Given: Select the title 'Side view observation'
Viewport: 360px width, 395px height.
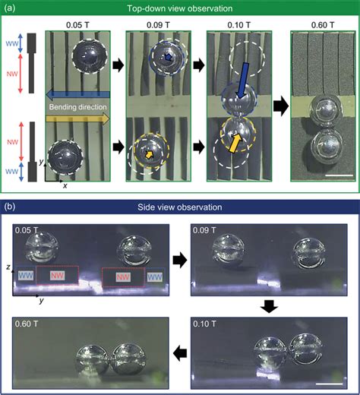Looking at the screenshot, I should click(180, 207).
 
